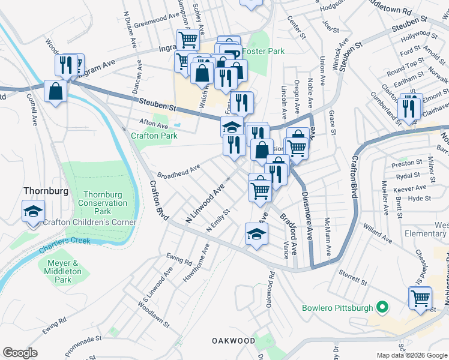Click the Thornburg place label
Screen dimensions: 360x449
(44, 191)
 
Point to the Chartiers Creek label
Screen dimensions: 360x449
(59, 241)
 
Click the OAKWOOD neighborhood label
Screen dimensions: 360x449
(234, 341)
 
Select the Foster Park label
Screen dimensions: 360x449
(264, 52)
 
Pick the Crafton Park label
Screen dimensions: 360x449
(154, 136)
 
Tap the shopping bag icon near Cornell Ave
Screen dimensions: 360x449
(55, 92)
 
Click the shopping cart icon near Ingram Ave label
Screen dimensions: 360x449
(188, 40)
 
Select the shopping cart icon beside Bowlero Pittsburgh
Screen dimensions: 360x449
(420, 297)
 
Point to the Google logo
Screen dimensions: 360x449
(20, 353)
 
